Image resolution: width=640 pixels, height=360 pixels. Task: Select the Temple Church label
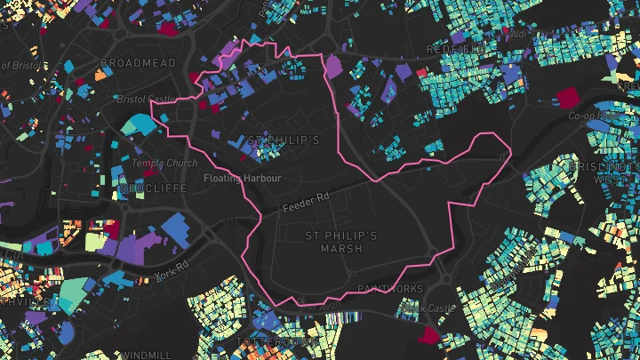point(164,164)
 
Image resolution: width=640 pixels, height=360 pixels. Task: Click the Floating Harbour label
point(242,179)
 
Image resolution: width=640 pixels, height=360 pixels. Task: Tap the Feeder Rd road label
point(307,205)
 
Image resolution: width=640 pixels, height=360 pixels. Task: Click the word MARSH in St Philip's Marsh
point(340,249)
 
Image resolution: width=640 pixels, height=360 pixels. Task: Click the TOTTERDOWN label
point(276,341)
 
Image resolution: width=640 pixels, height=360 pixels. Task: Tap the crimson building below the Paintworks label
point(429,334)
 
